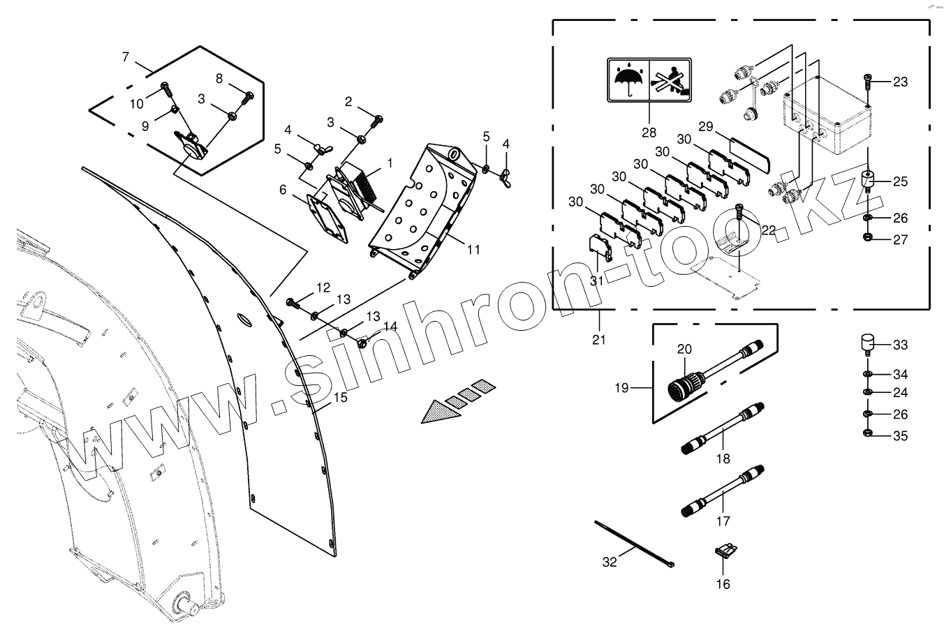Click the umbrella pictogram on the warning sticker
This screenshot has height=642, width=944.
click(628, 82)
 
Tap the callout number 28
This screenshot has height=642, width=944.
click(649, 132)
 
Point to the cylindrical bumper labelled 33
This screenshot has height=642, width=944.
click(866, 345)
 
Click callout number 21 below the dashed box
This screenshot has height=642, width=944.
click(599, 340)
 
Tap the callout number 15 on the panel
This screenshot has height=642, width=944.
click(340, 398)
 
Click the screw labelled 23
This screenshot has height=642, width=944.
click(867, 82)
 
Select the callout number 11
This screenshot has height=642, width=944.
click(474, 248)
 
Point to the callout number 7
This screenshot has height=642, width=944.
click(126, 57)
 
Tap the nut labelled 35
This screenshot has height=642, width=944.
click(867, 436)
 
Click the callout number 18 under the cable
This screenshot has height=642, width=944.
click(723, 458)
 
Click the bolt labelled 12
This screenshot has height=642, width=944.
click(293, 304)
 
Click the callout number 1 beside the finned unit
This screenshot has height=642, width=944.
click(390, 162)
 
